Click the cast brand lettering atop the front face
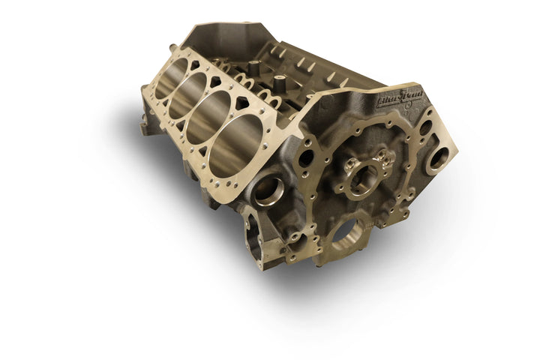click(399, 99)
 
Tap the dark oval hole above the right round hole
click(425, 128)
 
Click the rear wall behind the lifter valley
click(225, 34)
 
